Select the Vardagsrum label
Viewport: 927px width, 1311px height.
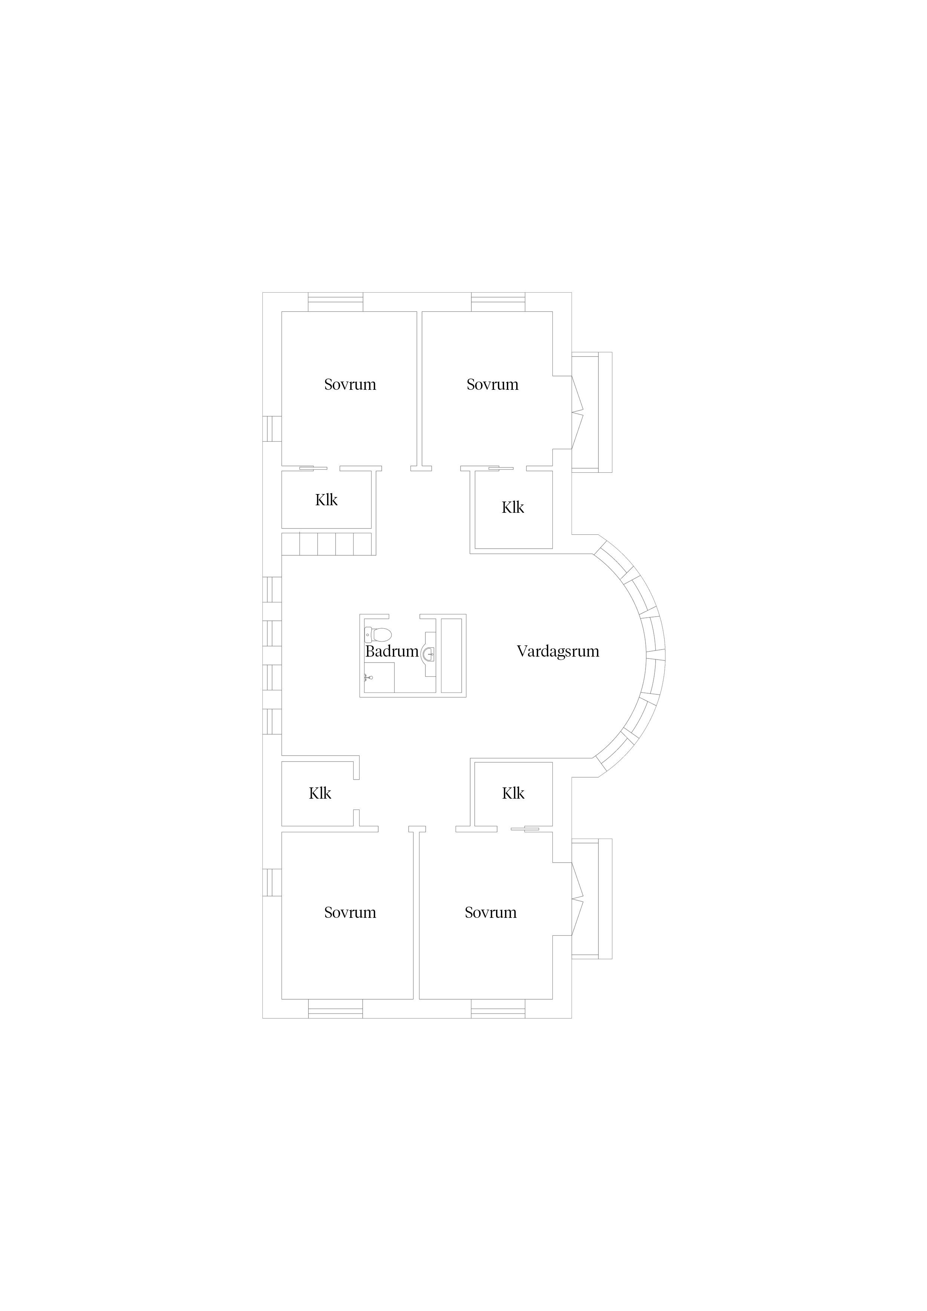[x=558, y=651]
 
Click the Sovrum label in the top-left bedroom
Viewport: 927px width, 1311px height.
[x=350, y=384]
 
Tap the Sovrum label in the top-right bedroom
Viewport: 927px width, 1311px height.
[x=492, y=384]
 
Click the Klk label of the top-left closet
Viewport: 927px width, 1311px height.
[x=326, y=500]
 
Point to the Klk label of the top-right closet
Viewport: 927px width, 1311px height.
[x=513, y=507]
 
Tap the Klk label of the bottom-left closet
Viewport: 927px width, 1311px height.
[x=320, y=793]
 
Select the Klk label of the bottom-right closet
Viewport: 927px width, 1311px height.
[x=514, y=793]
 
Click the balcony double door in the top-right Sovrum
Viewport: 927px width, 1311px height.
[x=577, y=412]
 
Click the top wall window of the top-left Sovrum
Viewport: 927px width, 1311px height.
[x=335, y=302]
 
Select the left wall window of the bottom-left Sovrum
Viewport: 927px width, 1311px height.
[x=272, y=882]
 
